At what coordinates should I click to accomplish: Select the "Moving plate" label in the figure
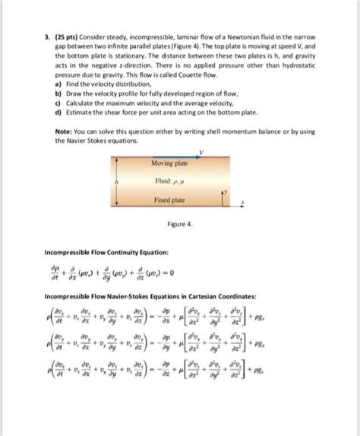[169, 163]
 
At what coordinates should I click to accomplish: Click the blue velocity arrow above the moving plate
[178, 157]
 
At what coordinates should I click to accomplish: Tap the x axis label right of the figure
[242, 204]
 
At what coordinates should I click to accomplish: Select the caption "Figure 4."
[180, 225]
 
